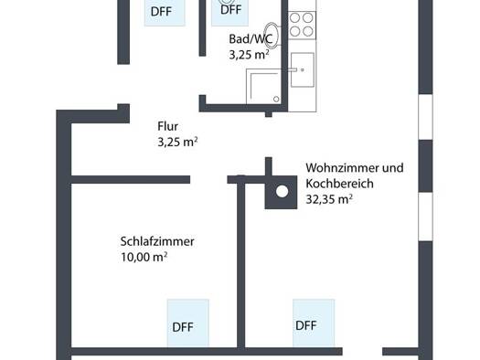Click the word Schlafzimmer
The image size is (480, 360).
coord(157,241)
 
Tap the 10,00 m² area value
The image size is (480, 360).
coord(144,257)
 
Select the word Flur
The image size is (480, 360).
coord(167,126)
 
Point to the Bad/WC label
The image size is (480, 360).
coord(251,39)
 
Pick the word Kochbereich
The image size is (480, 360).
coord(339,184)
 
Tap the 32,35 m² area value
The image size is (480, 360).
coord(329,199)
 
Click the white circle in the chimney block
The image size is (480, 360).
coord(282,192)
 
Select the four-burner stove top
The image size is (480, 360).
coord(302,25)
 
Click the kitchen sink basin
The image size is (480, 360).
coord(303,69)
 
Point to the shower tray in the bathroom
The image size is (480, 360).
coord(263,86)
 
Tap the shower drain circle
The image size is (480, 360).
coord(276,99)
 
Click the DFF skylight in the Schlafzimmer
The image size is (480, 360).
coord(188,323)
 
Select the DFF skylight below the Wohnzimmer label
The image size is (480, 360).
coord(314,323)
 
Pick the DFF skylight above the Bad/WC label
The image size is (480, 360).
coord(229,12)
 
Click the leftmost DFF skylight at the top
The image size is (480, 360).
coord(165,12)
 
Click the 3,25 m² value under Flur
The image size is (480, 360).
coord(177,142)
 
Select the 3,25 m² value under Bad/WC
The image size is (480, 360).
coord(250,55)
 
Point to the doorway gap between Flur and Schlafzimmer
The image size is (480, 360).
coord(208,179)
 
